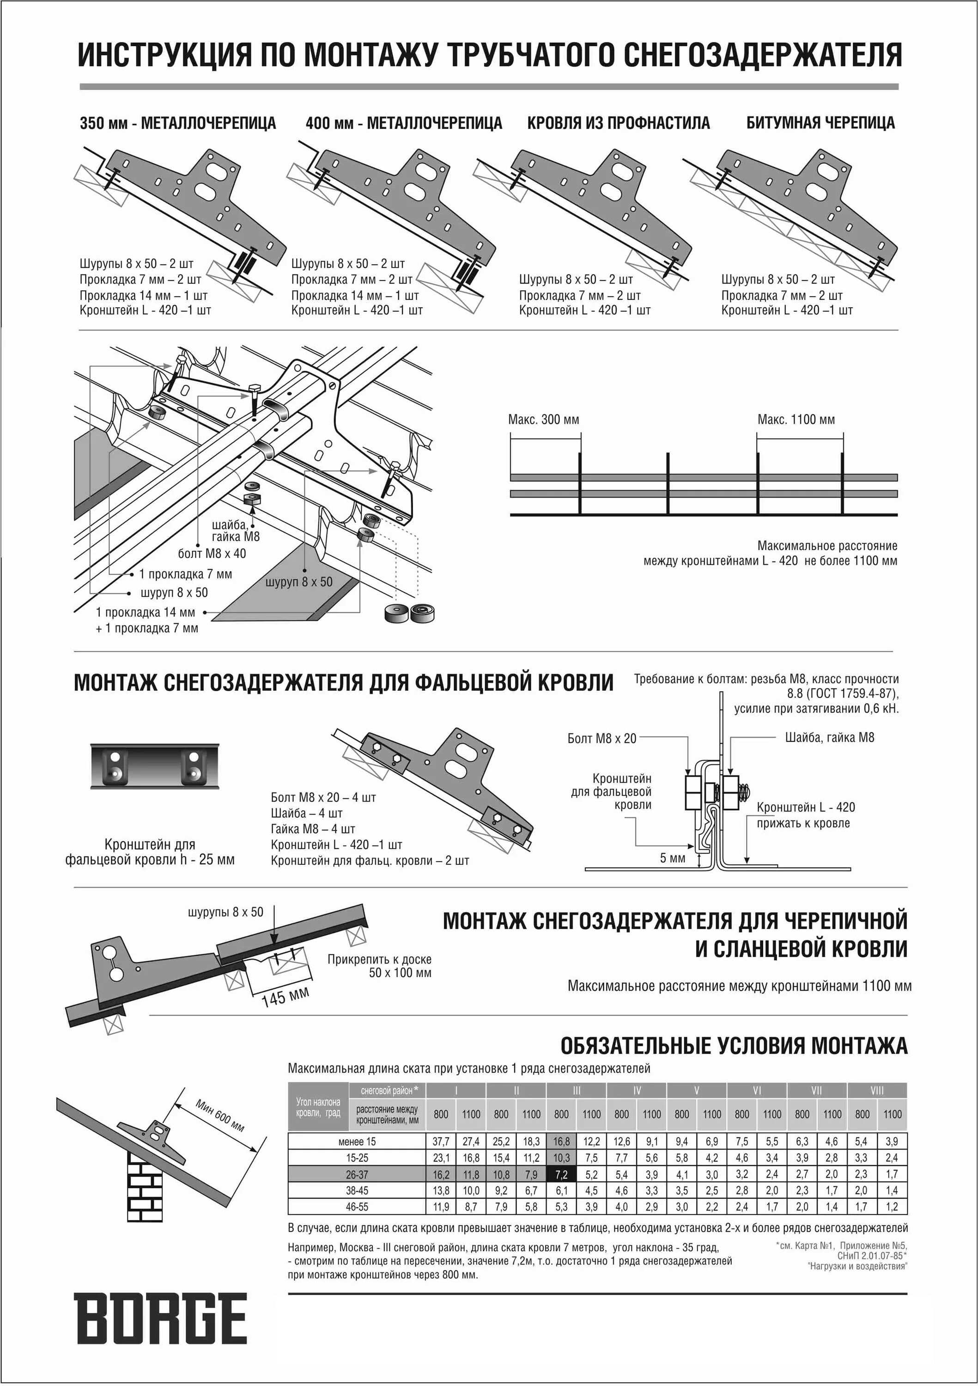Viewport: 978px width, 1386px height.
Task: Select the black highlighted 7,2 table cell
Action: [x=561, y=1174]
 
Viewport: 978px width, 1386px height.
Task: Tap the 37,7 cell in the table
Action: [x=441, y=1142]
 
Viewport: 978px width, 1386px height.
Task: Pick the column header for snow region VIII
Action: [x=877, y=1090]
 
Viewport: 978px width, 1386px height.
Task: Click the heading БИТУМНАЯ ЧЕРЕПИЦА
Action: [x=820, y=123]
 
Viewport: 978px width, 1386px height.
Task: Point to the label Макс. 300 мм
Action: [x=543, y=419]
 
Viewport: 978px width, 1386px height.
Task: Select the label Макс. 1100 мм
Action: [x=796, y=419]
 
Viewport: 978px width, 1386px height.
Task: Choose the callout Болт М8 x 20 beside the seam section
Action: [x=601, y=738]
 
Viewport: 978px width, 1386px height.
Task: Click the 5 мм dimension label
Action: [x=673, y=858]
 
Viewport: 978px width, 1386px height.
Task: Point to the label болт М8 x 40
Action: [x=212, y=553]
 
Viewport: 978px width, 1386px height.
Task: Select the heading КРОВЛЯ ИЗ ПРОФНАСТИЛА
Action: [x=618, y=123]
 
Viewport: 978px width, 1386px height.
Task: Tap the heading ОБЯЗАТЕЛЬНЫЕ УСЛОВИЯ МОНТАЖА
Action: [x=734, y=1046]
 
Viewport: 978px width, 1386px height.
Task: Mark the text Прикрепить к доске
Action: [x=379, y=959]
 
